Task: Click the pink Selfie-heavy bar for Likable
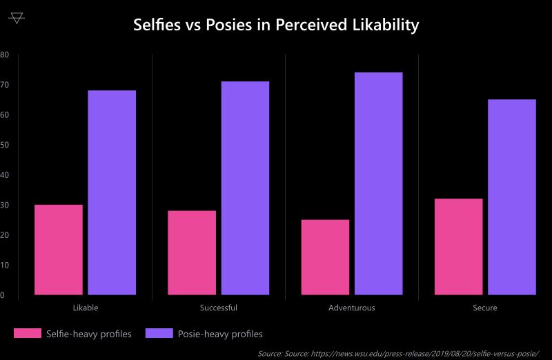tap(59, 250)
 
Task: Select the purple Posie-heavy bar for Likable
tap(112, 192)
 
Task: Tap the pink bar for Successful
tap(192, 252)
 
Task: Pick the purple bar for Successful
tap(245, 188)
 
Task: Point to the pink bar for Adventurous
tap(325, 257)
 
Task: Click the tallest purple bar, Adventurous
tap(378, 183)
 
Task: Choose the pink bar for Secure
tap(458, 247)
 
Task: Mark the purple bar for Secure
tap(511, 197)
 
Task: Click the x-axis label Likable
tap(85, 308)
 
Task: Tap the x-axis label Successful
tap(218, 308)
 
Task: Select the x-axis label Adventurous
tap(352, 308)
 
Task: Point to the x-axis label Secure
tap(485, 308)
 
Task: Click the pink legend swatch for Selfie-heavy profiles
tap(27, 334)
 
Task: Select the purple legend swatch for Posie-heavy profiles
tap(159, 334)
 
